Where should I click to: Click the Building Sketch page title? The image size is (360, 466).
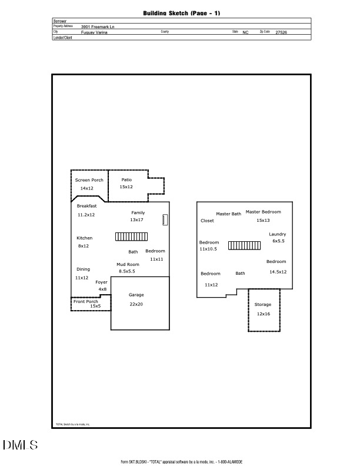[181, 12]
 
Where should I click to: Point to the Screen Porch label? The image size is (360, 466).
[89, 180]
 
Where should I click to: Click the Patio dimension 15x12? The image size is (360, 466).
[126, 187]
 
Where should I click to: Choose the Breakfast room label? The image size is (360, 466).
[86, 206]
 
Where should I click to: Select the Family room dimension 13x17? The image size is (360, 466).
[136, 219]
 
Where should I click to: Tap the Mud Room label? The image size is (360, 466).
[128, 264]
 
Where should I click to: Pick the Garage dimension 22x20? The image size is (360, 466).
[136, 304]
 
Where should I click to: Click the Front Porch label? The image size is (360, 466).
[86, 301]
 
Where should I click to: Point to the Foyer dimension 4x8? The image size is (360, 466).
[102, 289]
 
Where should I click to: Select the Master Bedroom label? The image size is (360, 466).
[263, 212]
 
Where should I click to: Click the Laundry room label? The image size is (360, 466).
[278, 234]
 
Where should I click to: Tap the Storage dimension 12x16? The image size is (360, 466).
[263, 314]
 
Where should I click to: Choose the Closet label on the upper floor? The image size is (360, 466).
[208, 221]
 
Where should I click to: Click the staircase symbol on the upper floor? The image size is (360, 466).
[244, 245]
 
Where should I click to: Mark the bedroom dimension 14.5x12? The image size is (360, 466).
[278, 272]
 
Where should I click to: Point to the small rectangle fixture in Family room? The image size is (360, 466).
[165, 220]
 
